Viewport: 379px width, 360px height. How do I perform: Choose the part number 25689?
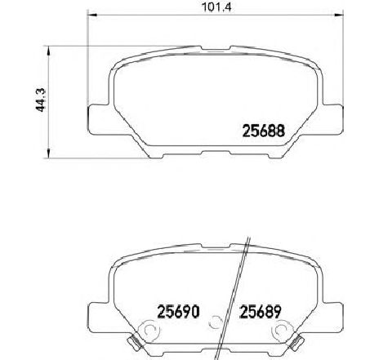tap(243, 311)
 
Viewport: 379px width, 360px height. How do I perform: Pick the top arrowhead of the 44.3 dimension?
tap(51, 48)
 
